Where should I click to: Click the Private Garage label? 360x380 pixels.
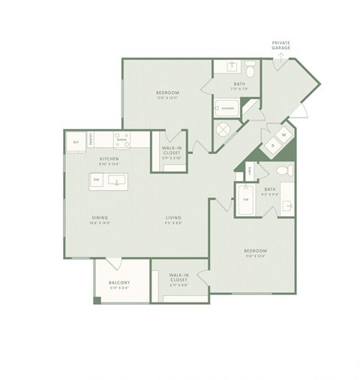(281, 45)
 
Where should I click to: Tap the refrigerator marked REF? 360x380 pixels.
(76, 141)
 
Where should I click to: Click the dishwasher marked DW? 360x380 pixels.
(97, 180)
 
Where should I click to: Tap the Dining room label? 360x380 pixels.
(99, 219)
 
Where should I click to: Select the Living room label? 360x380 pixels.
(174, 219)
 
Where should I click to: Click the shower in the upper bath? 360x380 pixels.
(226, 109)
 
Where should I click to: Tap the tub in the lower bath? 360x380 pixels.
(245, 200)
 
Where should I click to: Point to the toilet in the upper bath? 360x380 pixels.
(253, 71)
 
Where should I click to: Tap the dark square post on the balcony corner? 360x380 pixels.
(97, 301)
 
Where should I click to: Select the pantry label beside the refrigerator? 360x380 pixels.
(91, 139)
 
